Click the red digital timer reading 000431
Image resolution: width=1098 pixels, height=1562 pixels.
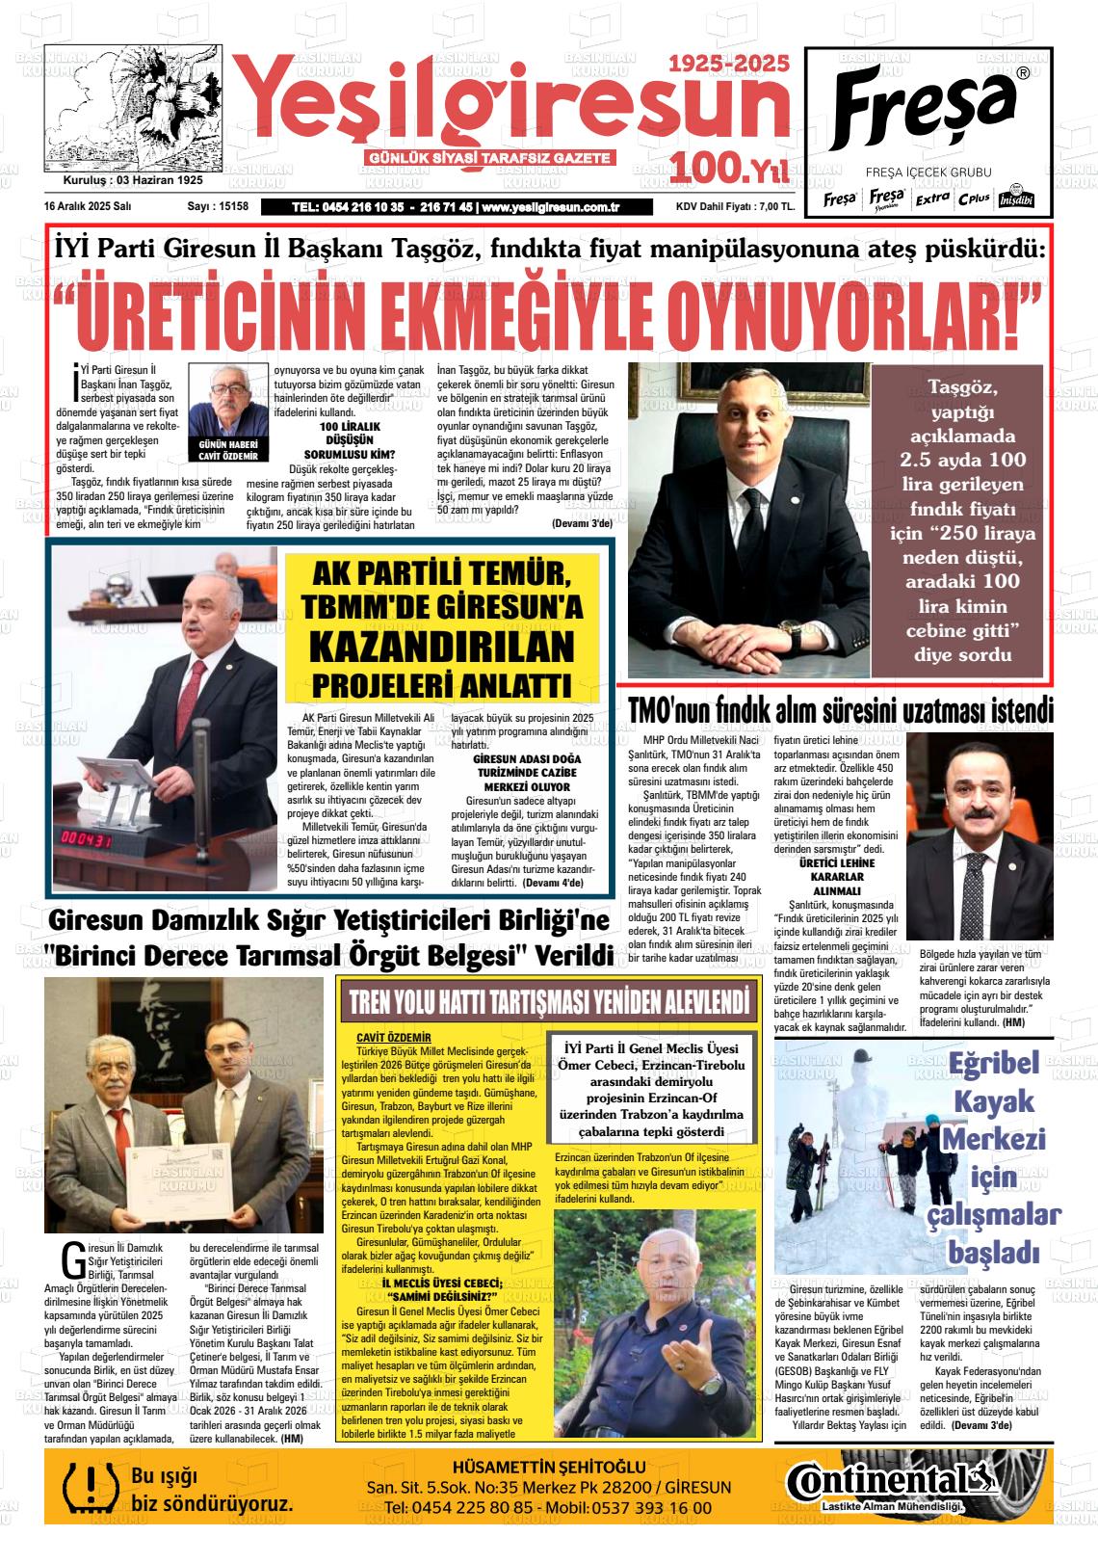pos(89,837)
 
